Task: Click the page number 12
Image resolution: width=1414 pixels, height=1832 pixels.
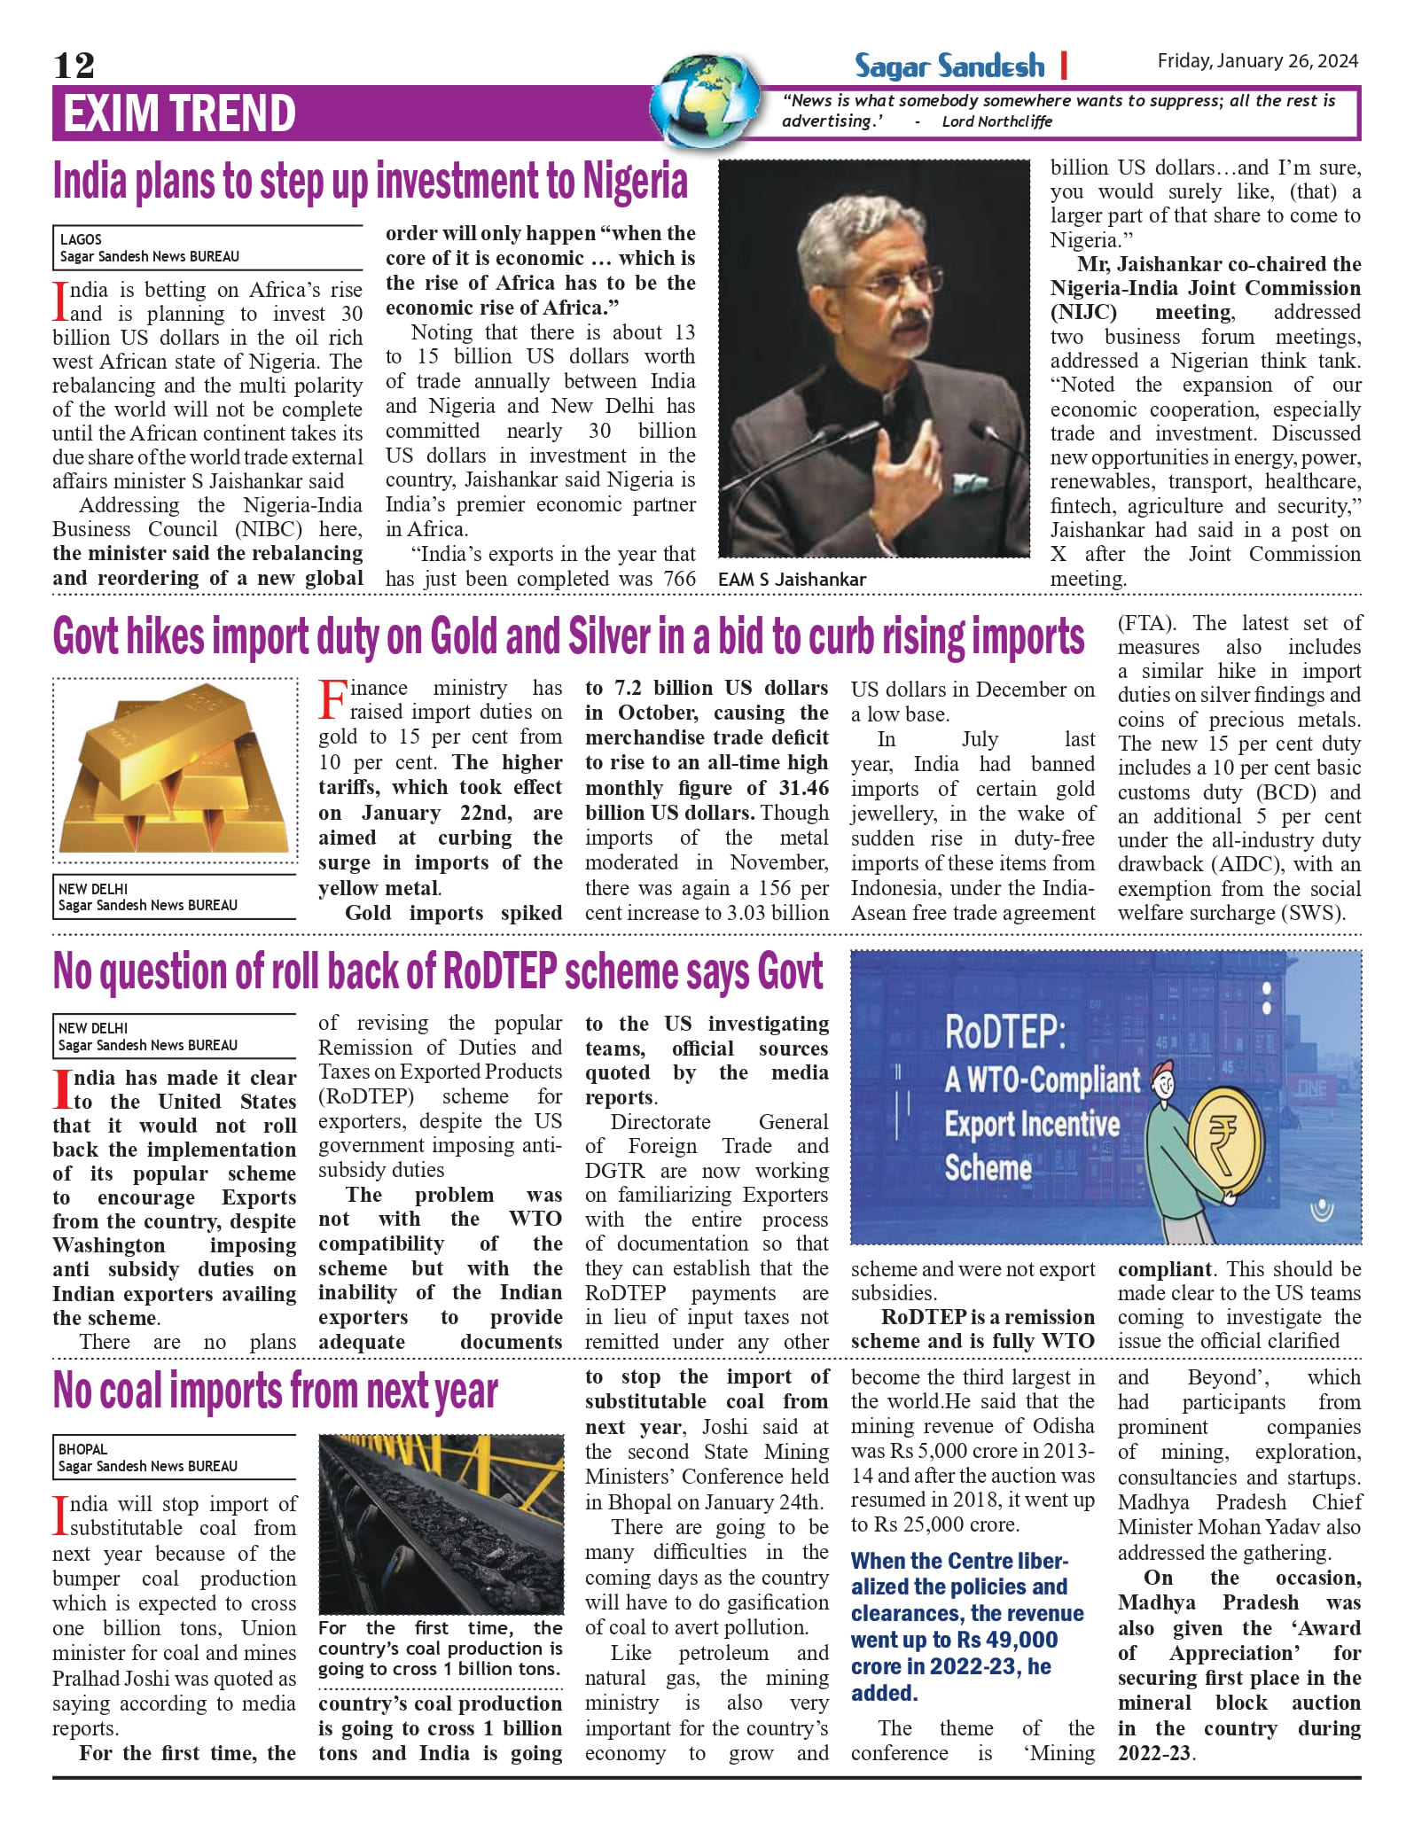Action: (74, 66)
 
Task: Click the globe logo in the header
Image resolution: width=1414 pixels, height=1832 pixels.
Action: (706, 100)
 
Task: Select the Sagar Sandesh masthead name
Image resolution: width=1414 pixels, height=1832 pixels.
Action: (949, 66)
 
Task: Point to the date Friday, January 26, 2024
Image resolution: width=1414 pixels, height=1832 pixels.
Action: (1257, 61)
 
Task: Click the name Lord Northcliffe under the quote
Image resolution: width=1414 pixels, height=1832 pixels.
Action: (996, 121)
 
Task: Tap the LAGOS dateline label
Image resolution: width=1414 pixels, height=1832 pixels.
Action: (81, 239)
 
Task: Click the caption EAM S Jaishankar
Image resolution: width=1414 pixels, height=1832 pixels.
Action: (792, 580)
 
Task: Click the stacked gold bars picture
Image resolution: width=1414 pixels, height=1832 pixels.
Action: (175, 770)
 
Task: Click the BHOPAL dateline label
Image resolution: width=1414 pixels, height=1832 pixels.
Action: (82, 1449)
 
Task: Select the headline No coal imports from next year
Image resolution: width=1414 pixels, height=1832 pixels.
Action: (275, 1391)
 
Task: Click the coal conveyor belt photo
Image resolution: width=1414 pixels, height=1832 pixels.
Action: (441, 1524)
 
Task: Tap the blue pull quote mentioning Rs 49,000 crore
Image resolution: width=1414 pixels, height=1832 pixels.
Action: (966, 1626)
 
